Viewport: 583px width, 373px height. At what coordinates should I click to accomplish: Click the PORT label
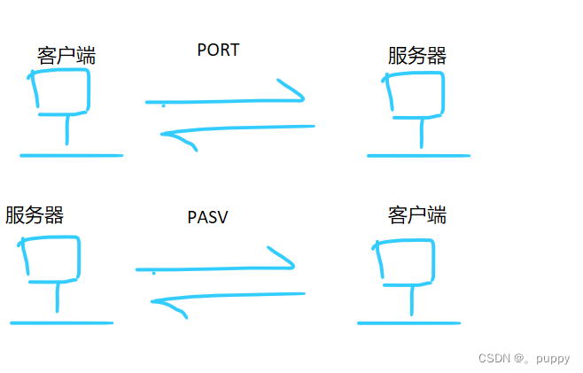coord(218,51)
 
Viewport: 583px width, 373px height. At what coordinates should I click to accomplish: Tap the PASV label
coord(207,217)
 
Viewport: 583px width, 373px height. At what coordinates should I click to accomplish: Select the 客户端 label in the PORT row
coord(66,57)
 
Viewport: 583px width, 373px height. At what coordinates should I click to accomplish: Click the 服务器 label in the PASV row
coord(35,215)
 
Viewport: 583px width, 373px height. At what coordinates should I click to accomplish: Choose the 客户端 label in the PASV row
coord(416,215)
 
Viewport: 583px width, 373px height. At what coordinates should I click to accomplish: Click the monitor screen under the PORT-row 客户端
coord(60,91)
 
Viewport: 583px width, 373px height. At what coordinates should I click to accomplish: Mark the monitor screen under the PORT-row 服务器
coord(415,91)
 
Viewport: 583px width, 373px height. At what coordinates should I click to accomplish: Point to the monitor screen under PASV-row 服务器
coord(51,258)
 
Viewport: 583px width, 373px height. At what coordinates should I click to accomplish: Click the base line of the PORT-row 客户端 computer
coord(71,156)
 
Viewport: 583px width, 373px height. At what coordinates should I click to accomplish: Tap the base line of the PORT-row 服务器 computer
coord(417,156)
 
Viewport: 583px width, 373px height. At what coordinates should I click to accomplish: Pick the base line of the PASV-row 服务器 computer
coord(62,323)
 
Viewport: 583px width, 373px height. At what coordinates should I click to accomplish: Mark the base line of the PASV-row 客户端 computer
coord(408,322)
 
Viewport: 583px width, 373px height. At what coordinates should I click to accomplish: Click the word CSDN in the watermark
coord(493,359)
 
